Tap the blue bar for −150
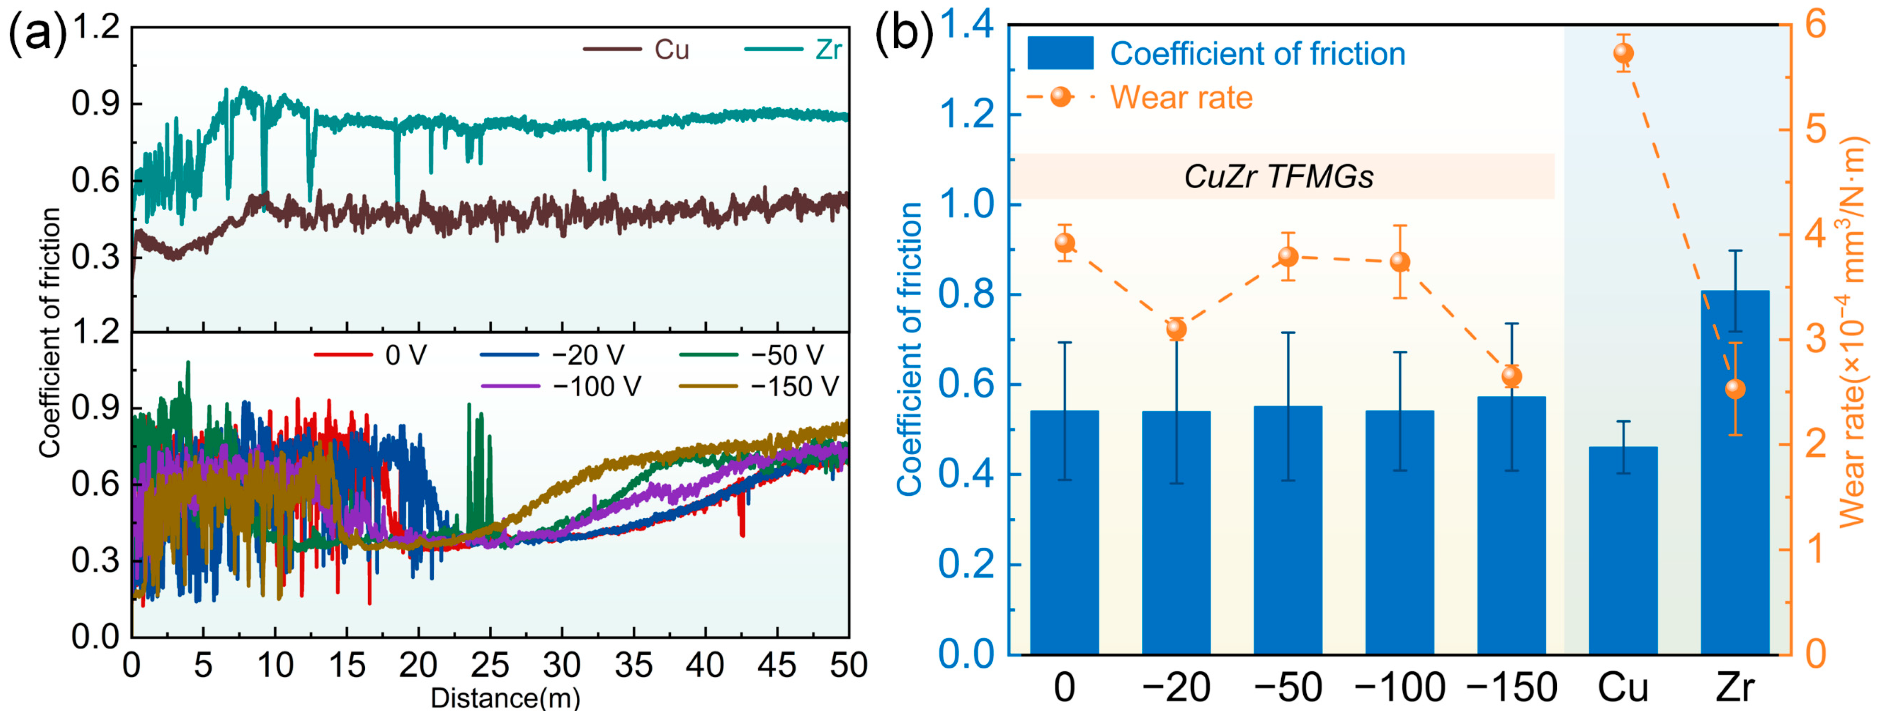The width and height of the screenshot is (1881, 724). pyautogui.click(x=1511, y=525)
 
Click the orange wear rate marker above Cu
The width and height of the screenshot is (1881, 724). pyautogui.click(x=1623, y=53)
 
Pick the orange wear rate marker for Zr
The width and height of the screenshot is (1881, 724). pyautogui.click(x=1735, y=389)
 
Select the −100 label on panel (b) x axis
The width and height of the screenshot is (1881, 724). pyautogui.click(x=1399, y=688)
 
